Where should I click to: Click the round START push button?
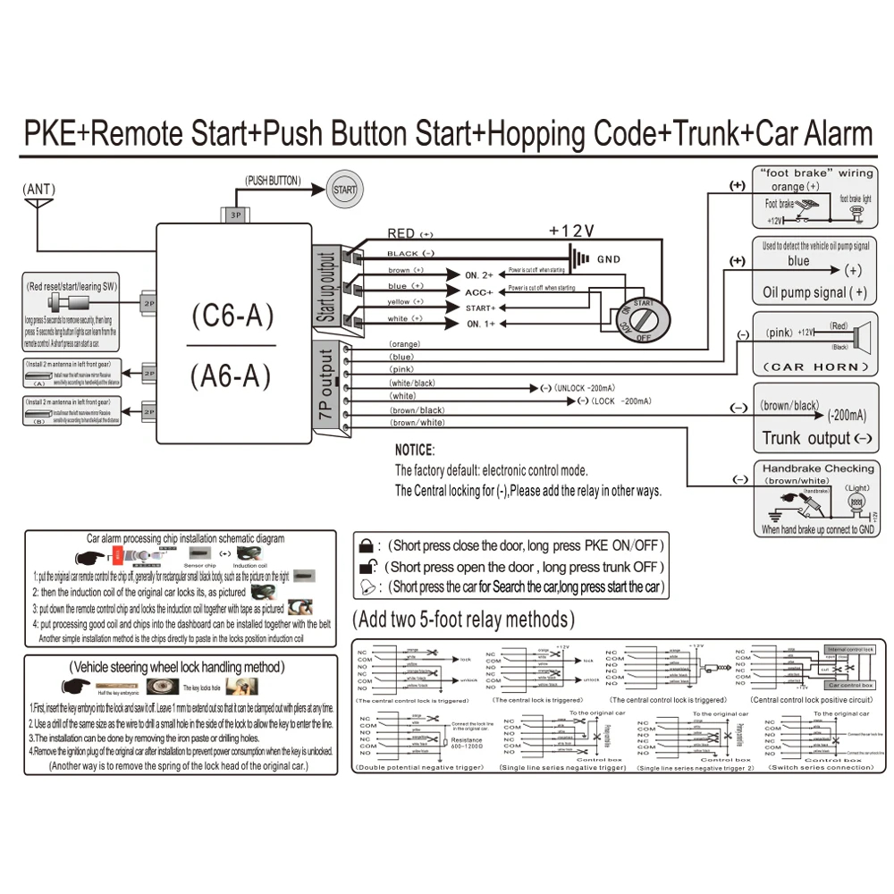tap(344, 190)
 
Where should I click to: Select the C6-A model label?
tap(232, 316)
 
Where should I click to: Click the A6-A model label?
tap(232, 375)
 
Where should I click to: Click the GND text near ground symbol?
tap(608, 258)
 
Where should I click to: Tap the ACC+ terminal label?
tap(479, 291)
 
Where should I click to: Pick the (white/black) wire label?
tap(412, 383)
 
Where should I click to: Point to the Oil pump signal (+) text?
tap(814, 292)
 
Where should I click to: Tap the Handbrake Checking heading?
tap(818, 468)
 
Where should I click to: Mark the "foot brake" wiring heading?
tap(815, 173)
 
